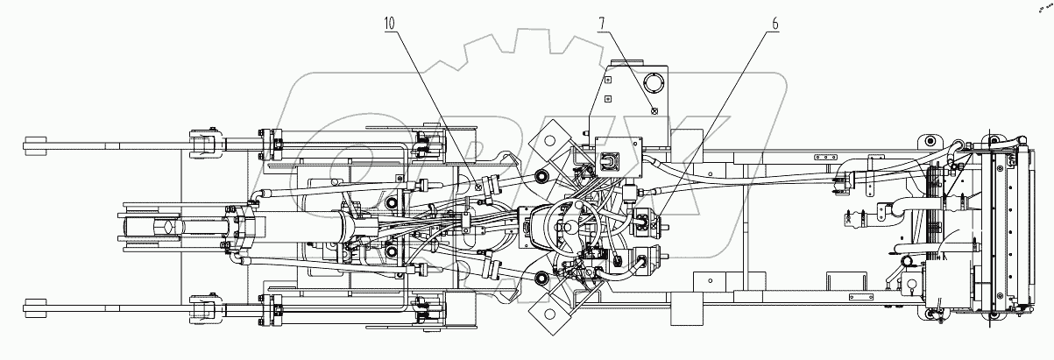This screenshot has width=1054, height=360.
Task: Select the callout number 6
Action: (x=775, y=23)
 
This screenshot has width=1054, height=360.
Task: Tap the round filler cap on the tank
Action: (x=654, y=83)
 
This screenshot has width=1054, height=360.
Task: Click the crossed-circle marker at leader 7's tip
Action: (x=654, y=109)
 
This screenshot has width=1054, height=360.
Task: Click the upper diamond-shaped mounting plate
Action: (x=553, y=137)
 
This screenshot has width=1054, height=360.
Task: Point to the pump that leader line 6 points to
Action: (x=647, y=225)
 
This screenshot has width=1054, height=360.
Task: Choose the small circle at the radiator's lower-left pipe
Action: (x=909, y=286)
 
